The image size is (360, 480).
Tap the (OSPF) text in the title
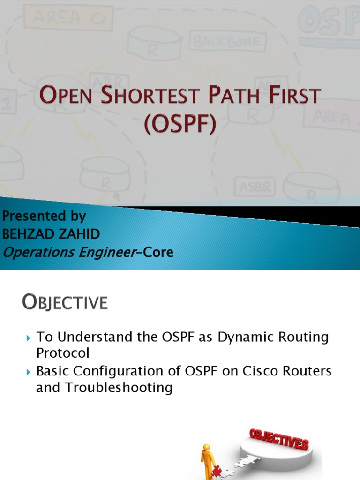(180, 125)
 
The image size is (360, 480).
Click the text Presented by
(44, 216)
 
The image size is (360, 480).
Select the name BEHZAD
(28, 234)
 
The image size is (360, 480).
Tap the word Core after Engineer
(158, 253)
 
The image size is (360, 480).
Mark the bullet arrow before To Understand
(28, 337)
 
